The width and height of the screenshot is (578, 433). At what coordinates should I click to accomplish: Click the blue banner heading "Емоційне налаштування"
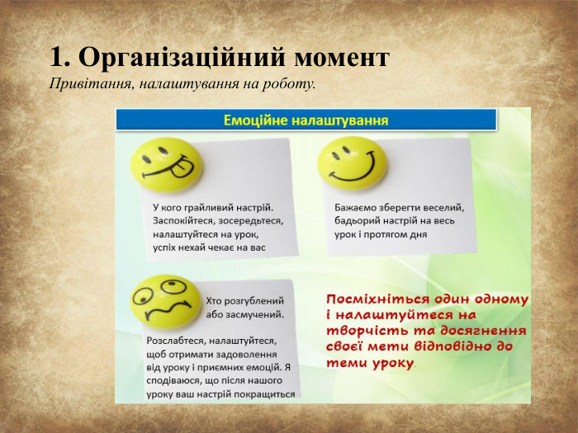tap(306, 120)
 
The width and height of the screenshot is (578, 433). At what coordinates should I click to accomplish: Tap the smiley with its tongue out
tap(167, 164)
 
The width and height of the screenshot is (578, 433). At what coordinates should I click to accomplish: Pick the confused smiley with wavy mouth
tap(165, 301)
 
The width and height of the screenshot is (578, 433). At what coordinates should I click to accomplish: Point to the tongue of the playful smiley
tap(178, 173)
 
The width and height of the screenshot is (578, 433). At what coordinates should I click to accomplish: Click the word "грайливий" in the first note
tap(207, 207)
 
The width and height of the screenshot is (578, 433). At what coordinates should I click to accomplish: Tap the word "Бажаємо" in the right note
tap(358, 207)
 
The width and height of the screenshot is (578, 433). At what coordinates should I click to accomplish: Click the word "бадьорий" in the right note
tap(360, 220)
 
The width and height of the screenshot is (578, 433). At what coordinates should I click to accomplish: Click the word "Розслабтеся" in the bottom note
tap(175, 341)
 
